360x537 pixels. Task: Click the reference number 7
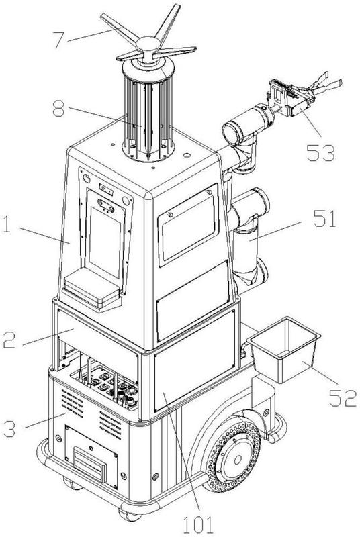coord(58,40)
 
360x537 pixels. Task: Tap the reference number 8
coord(58,109)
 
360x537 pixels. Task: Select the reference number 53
coord(320,152)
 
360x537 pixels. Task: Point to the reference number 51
coord(324,219)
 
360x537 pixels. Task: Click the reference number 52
coord(343,398)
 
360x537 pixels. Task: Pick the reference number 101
coord(198,525)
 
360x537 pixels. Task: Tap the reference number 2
coord(9,340)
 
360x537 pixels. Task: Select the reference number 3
coord(9,429)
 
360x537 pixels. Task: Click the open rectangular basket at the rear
coord(284,350)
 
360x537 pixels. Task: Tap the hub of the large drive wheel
coord(238,459)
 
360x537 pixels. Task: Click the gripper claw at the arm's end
coord(324,85)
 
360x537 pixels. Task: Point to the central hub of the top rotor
coord(148,45)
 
